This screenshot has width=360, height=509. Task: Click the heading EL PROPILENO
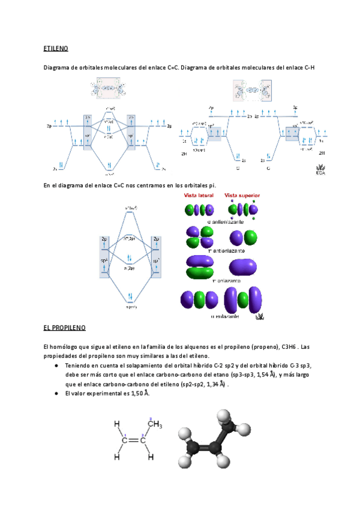pos(65,328)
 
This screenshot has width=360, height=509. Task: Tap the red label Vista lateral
pos(201,196)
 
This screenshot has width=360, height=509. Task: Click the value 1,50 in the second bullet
pos(140,393)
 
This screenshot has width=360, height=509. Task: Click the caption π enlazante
pos(223,281)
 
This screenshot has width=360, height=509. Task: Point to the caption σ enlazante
pos(226,316)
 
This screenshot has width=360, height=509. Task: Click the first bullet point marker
pos(55,366)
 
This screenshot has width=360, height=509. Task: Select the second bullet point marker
pos(55,394)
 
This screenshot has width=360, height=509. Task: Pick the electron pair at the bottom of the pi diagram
pos(130,296)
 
